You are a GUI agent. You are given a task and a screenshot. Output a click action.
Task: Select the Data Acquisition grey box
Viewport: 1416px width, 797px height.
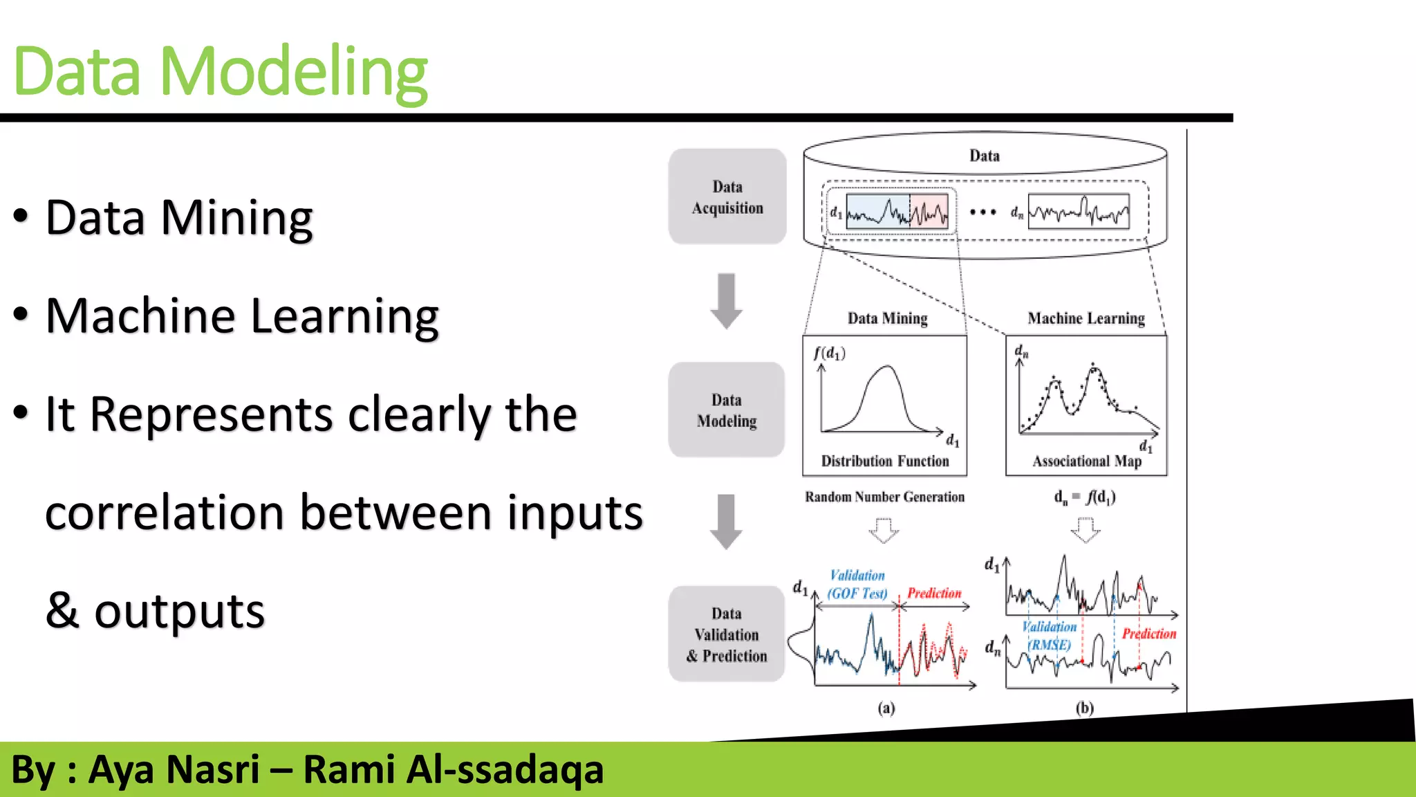tap(727, 197)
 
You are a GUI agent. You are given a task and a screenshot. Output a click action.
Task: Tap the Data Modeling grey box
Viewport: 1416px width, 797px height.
tap(726, 410)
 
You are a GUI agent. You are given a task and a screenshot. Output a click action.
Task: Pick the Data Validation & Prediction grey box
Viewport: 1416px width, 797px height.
tap(726, 634)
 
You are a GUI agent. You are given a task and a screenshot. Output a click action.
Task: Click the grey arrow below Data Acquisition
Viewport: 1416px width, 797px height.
tap(726, 300)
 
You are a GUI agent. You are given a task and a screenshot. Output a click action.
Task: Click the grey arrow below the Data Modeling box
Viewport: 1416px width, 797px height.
tap(726, 522)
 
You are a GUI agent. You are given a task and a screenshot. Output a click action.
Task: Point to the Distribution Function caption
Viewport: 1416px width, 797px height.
tap(884, 461)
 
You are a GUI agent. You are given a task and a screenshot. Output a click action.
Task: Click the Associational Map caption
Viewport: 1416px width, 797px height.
tap(1086, 461)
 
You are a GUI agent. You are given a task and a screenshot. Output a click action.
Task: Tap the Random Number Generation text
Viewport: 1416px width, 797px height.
tap(884, 497)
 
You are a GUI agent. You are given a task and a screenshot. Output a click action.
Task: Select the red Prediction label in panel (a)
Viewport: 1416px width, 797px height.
tap(934, 593)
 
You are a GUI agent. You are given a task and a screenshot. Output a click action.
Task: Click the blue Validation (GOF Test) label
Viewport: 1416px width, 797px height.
tap(857, 585)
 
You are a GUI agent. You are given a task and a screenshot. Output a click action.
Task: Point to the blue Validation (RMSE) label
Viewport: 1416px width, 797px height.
tap(1049, 635)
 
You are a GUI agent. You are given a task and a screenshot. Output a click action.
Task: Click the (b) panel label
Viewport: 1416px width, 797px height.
tap(1084, 708)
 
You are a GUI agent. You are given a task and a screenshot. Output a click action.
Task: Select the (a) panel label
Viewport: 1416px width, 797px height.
tap(886, 708)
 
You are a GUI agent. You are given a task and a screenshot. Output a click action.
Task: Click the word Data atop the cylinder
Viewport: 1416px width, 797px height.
tap(984, 156)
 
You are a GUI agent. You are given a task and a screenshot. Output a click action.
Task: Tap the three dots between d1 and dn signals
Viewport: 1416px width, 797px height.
tap(982, 212)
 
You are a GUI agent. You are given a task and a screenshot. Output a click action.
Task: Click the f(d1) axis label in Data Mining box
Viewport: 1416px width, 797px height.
tap(829, 353)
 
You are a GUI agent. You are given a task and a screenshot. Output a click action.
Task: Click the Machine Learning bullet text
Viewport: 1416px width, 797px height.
tap(242, 316)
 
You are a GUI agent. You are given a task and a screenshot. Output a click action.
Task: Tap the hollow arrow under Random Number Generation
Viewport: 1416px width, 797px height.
tap(884, 531)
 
